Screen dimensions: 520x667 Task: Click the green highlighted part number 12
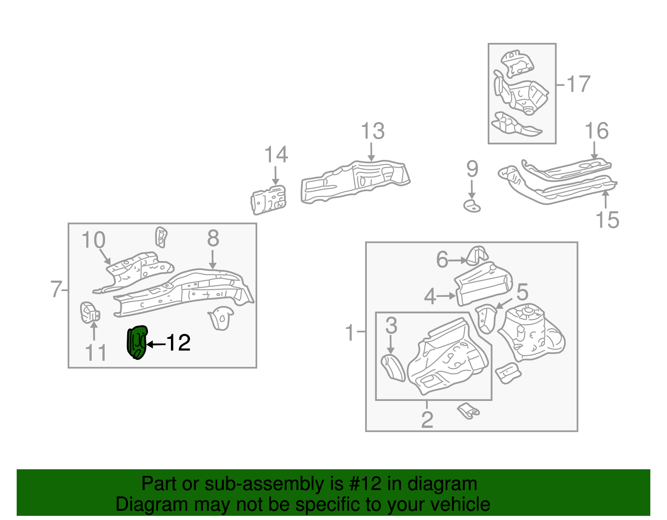pos(137,343)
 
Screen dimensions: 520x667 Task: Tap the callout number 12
pos(178,343)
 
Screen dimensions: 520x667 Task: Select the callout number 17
pos(578,84)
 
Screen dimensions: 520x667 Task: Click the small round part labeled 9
pos(472,206)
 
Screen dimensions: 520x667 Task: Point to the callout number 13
pos(372,131)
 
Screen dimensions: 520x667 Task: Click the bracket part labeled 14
pos(269,200)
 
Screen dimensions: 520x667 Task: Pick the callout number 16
pos(597,131)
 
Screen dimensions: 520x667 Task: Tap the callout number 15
pos(607,219)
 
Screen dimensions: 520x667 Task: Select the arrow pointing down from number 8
pos(213,259)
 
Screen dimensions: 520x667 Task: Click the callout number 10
pos(93,240)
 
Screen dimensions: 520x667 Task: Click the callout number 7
pos(56,289)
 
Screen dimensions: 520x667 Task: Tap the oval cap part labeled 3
pos(393,367)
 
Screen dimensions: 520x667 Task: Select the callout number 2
pos(427,419)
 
